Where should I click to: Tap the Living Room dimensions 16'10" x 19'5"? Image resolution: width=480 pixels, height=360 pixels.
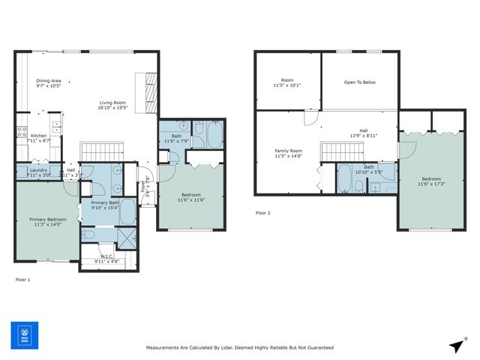point(112,108)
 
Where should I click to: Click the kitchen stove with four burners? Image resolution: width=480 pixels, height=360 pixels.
point(22,133)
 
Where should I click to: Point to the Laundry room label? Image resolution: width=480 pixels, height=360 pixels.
point(38,169)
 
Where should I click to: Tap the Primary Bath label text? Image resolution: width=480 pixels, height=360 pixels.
point(105,202)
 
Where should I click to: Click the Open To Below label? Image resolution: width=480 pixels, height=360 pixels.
point(359,82)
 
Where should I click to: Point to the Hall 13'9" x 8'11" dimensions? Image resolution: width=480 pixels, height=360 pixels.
point(363,136)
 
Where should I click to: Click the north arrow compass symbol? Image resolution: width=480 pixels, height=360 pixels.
point(456,345)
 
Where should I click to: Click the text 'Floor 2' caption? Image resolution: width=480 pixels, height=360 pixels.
point(262,213)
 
